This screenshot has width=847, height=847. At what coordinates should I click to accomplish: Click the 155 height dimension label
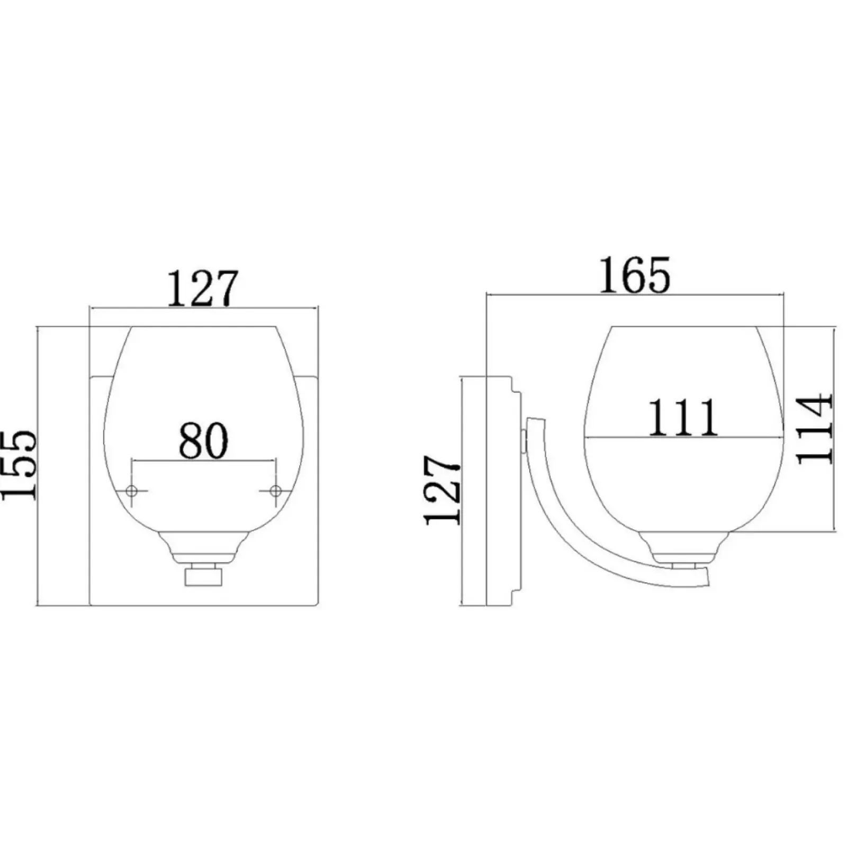tap(19, 464)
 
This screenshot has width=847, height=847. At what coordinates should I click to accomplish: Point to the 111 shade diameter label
tap(683, 417)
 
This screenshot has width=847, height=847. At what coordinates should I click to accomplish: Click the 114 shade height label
tap(815, 429)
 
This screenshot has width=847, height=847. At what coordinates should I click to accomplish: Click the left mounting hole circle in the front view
tap(132, 491)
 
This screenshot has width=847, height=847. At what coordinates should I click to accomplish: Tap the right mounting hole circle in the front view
tap(275, 491)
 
